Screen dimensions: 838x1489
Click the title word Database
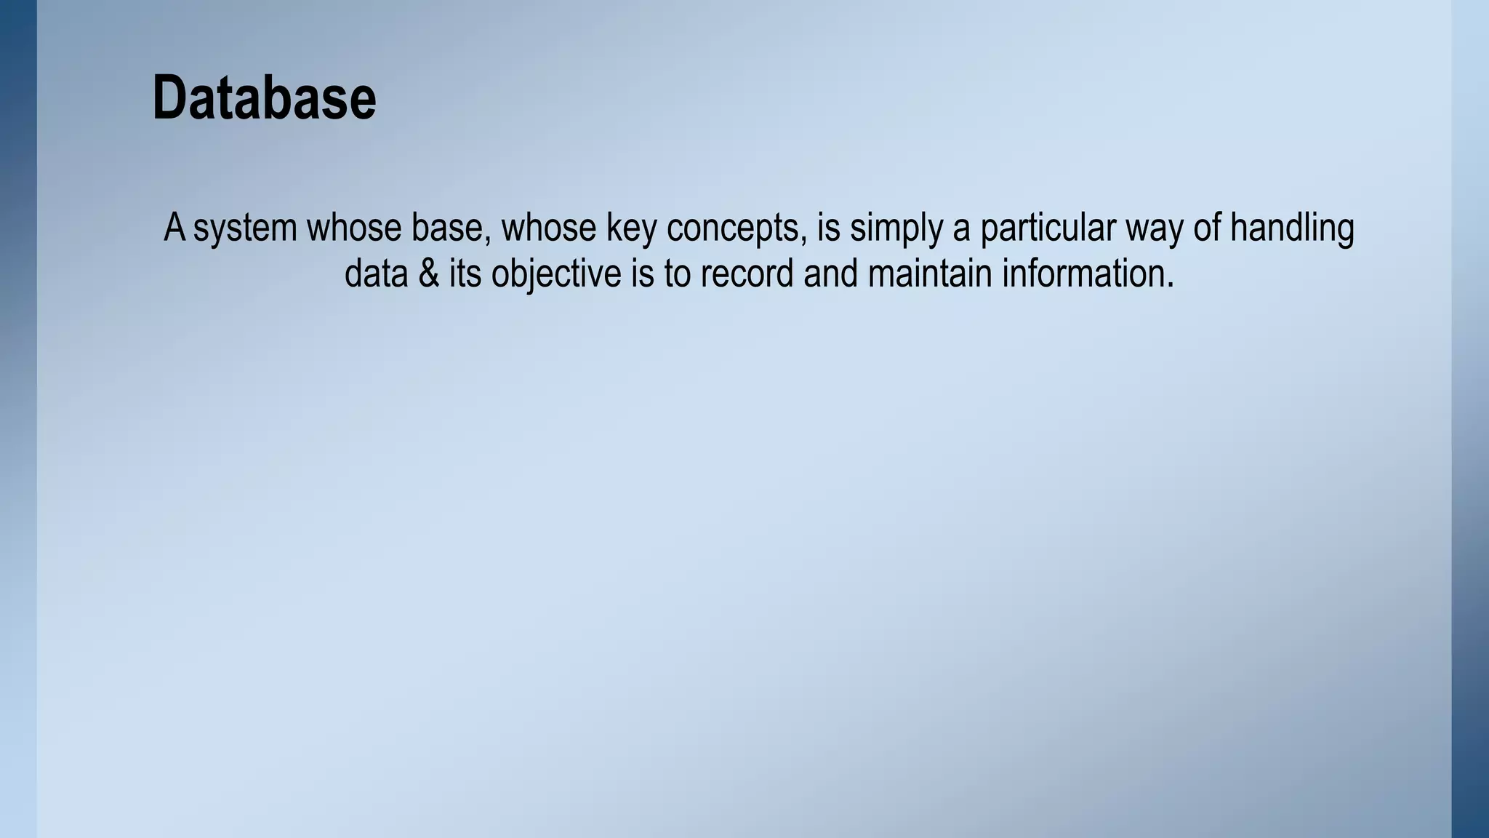click(x=264, y=98)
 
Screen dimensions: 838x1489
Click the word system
click(x=245, y=228)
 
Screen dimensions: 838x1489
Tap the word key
click(x=631, y=228)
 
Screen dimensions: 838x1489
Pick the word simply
click(x=896, y=228)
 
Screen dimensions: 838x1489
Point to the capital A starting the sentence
click(x=174, y=228)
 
